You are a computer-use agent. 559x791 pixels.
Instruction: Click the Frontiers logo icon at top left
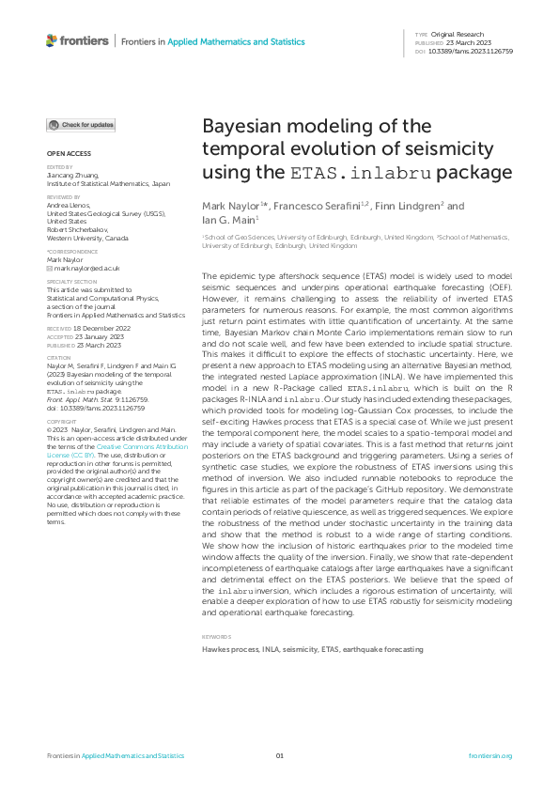point(52,40)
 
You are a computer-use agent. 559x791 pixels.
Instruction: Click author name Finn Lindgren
point(404,206)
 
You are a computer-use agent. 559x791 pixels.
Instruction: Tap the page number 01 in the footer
point(279,755)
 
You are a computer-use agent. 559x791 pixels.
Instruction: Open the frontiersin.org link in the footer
point(489,755)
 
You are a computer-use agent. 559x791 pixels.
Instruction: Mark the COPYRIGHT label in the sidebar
point(62,423)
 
